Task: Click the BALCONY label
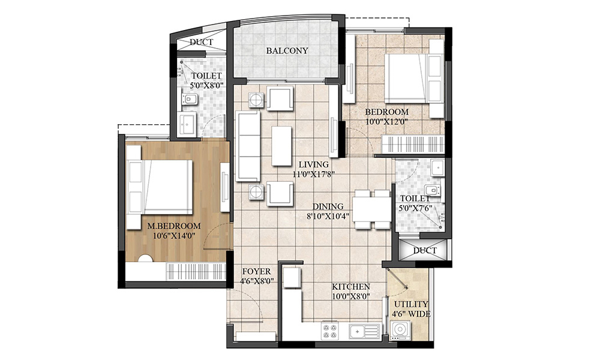point(287,50)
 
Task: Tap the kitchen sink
point(364,331)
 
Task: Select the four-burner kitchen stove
point(330,331)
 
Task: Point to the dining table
point(371,209)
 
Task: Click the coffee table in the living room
point(281,146)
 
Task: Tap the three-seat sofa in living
point(248,146)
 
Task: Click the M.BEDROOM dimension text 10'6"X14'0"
point(175,236)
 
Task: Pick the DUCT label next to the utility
point(425,251)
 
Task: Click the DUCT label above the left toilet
point(201,42)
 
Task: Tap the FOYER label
point(256,271)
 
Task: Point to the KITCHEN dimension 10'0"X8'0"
point(350,295)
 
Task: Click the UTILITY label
point(411,304)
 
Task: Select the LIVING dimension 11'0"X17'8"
point(314,174)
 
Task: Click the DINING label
point(328,206)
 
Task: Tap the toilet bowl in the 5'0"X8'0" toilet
point(190,100)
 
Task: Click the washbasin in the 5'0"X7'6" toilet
point(437,167)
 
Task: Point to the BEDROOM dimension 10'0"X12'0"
point(386,122)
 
